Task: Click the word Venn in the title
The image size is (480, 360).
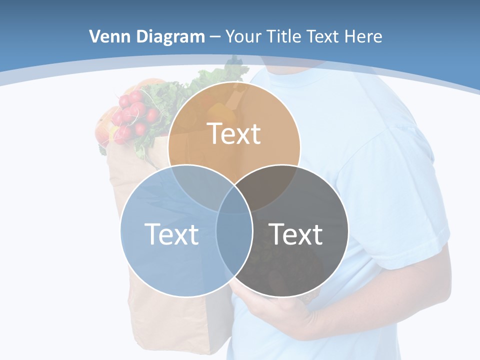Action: (x=105, y=36)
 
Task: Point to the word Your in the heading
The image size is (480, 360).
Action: (x=244, y=36)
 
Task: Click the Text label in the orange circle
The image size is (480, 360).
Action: (x=234, y=134)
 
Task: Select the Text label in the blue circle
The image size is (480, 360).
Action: (x=171, y=234)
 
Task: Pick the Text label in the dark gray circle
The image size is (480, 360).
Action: (x=296, y=234)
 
